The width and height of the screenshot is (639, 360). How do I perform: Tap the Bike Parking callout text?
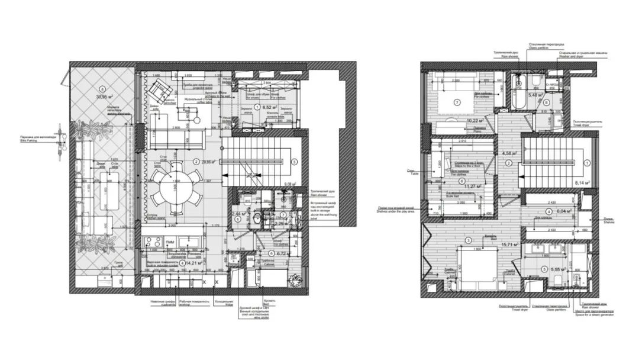pos(39,143)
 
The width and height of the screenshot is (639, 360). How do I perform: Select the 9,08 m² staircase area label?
pos(290,184)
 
